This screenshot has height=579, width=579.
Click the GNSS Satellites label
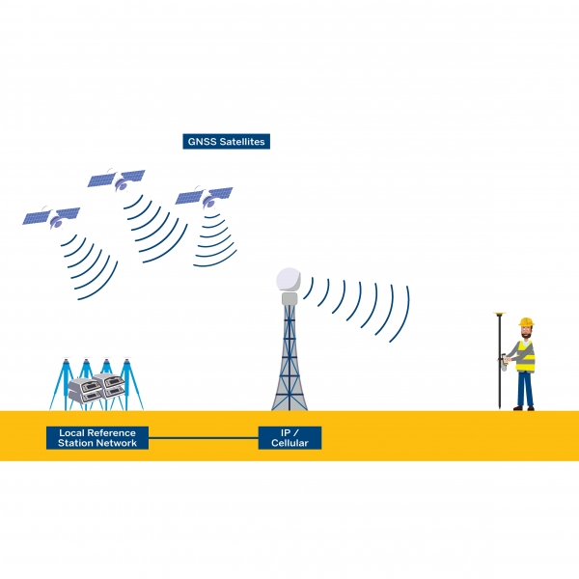pyautogui.click(x=225, y=142)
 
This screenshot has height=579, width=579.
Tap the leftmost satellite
pyautogui.click(x=52, y=217)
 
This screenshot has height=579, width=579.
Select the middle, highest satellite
pyautogui.click(x=116, y=180)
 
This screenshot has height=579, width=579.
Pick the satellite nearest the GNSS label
pyautogui.click(x=203, y=198)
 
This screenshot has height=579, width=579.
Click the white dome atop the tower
pyautogui.click(x=289, y=279)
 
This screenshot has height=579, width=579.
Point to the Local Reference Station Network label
pyautogui.click(x=97, y=437)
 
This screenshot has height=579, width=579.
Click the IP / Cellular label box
pyautogui.click(x=289, y=437)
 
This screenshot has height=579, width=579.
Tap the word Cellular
pyautogui.click(x=289, y=443)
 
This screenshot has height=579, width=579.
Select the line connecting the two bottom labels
pyautogui.click(x=203, y=437)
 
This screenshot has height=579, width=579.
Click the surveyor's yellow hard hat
pyautogui.click(x=526, y=322)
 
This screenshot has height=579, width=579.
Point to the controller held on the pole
pyautogui.click(x=504, y=362)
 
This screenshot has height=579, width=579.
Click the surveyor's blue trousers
pyautogui.click(x=525, y=388)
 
